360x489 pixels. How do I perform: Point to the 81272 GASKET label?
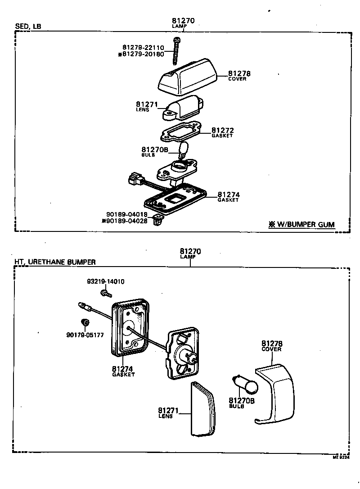[222, 132]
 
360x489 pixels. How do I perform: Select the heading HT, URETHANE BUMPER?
[55, 262]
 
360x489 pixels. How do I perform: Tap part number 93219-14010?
[105, 282]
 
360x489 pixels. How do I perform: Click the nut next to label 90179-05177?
[83, 322]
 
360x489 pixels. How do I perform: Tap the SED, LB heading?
[28, 27]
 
